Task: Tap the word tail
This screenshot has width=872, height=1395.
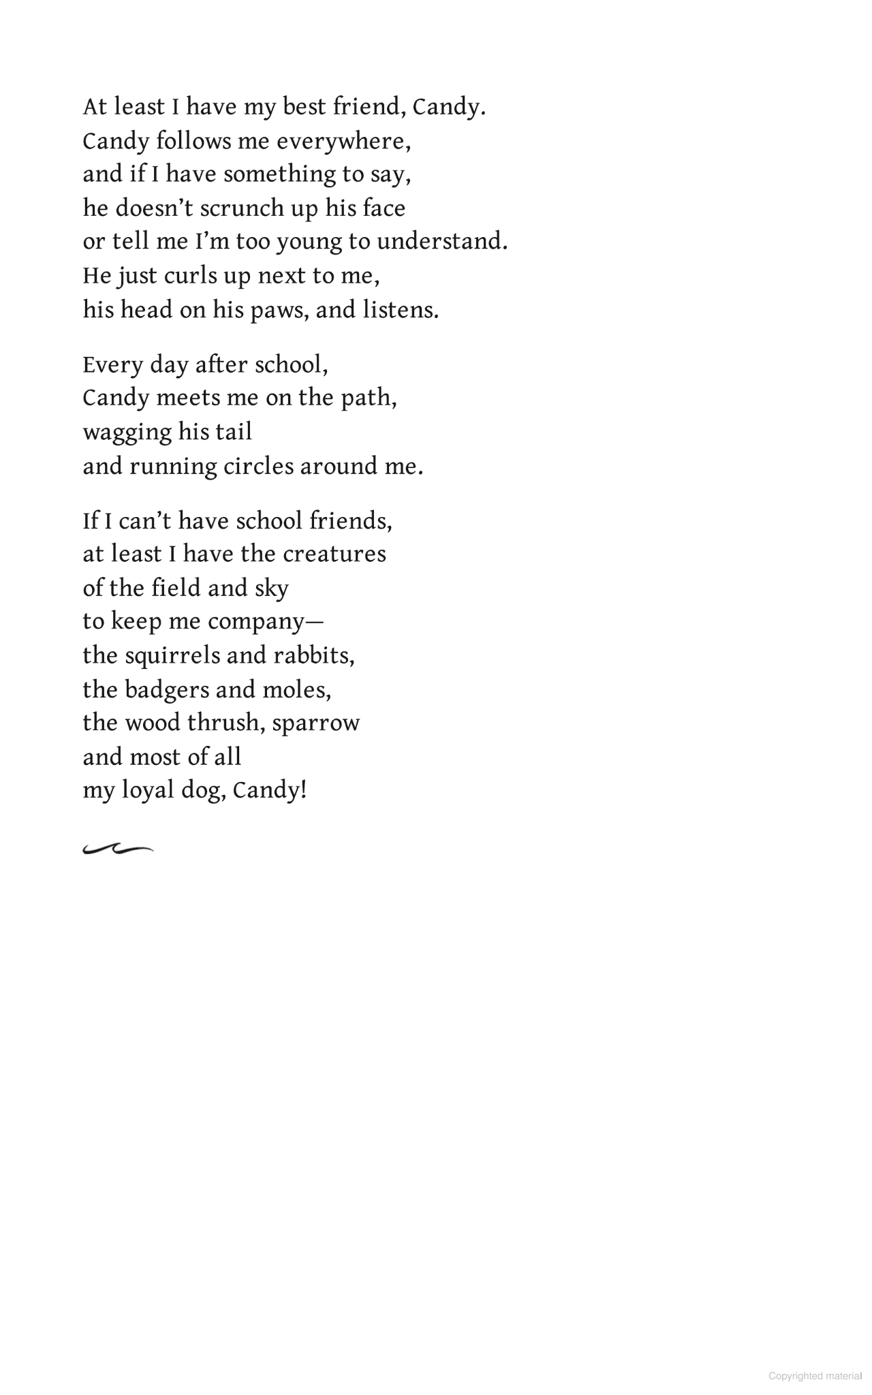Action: (234, 432)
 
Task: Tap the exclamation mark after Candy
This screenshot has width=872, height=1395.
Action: (303, 790)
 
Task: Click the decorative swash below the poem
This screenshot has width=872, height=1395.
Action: (117, 849)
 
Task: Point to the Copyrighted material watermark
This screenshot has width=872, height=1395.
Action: (815, 1376)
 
